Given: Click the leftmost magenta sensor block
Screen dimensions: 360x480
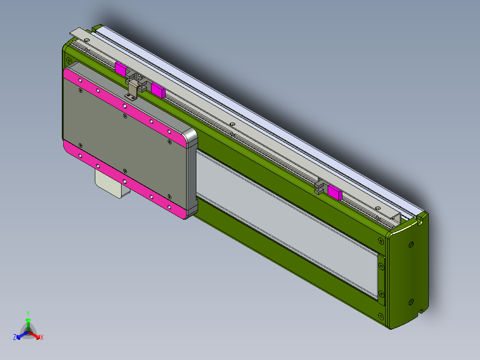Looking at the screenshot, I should click(120, 68).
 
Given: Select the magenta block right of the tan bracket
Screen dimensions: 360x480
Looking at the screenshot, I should click(158, 90).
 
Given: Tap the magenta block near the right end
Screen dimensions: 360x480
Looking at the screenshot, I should click(334, 192).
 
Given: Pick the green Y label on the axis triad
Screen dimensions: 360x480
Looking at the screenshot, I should click(28, 313).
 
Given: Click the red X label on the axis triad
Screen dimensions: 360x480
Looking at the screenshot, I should click(42, 338).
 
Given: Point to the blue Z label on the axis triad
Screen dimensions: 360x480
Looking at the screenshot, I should click(15, 338).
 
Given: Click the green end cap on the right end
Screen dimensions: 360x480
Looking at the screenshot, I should click(407, 272).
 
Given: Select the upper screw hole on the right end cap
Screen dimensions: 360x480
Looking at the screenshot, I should click(411, 245).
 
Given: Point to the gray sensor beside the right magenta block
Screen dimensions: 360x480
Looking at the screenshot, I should click(319, 186).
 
